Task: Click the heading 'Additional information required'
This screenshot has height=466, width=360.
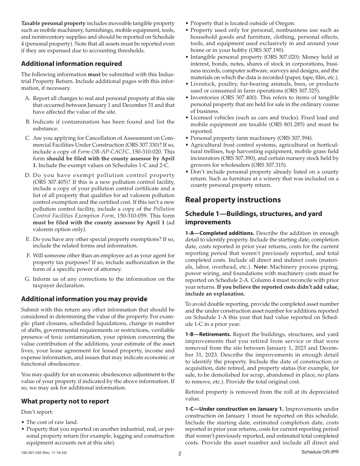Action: [x=71, y=64]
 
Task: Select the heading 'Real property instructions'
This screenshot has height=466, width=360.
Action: [x=233, y=200]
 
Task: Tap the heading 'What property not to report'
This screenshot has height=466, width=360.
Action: [x=65, y=401]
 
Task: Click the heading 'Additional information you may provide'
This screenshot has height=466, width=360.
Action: [x=84, y=299]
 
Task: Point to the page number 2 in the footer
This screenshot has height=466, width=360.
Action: [x=180, y=454]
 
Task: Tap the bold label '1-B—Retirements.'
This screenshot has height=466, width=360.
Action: [x=208, y=334]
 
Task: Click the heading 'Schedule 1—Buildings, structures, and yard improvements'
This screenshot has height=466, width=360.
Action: [x=254, y=218]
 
